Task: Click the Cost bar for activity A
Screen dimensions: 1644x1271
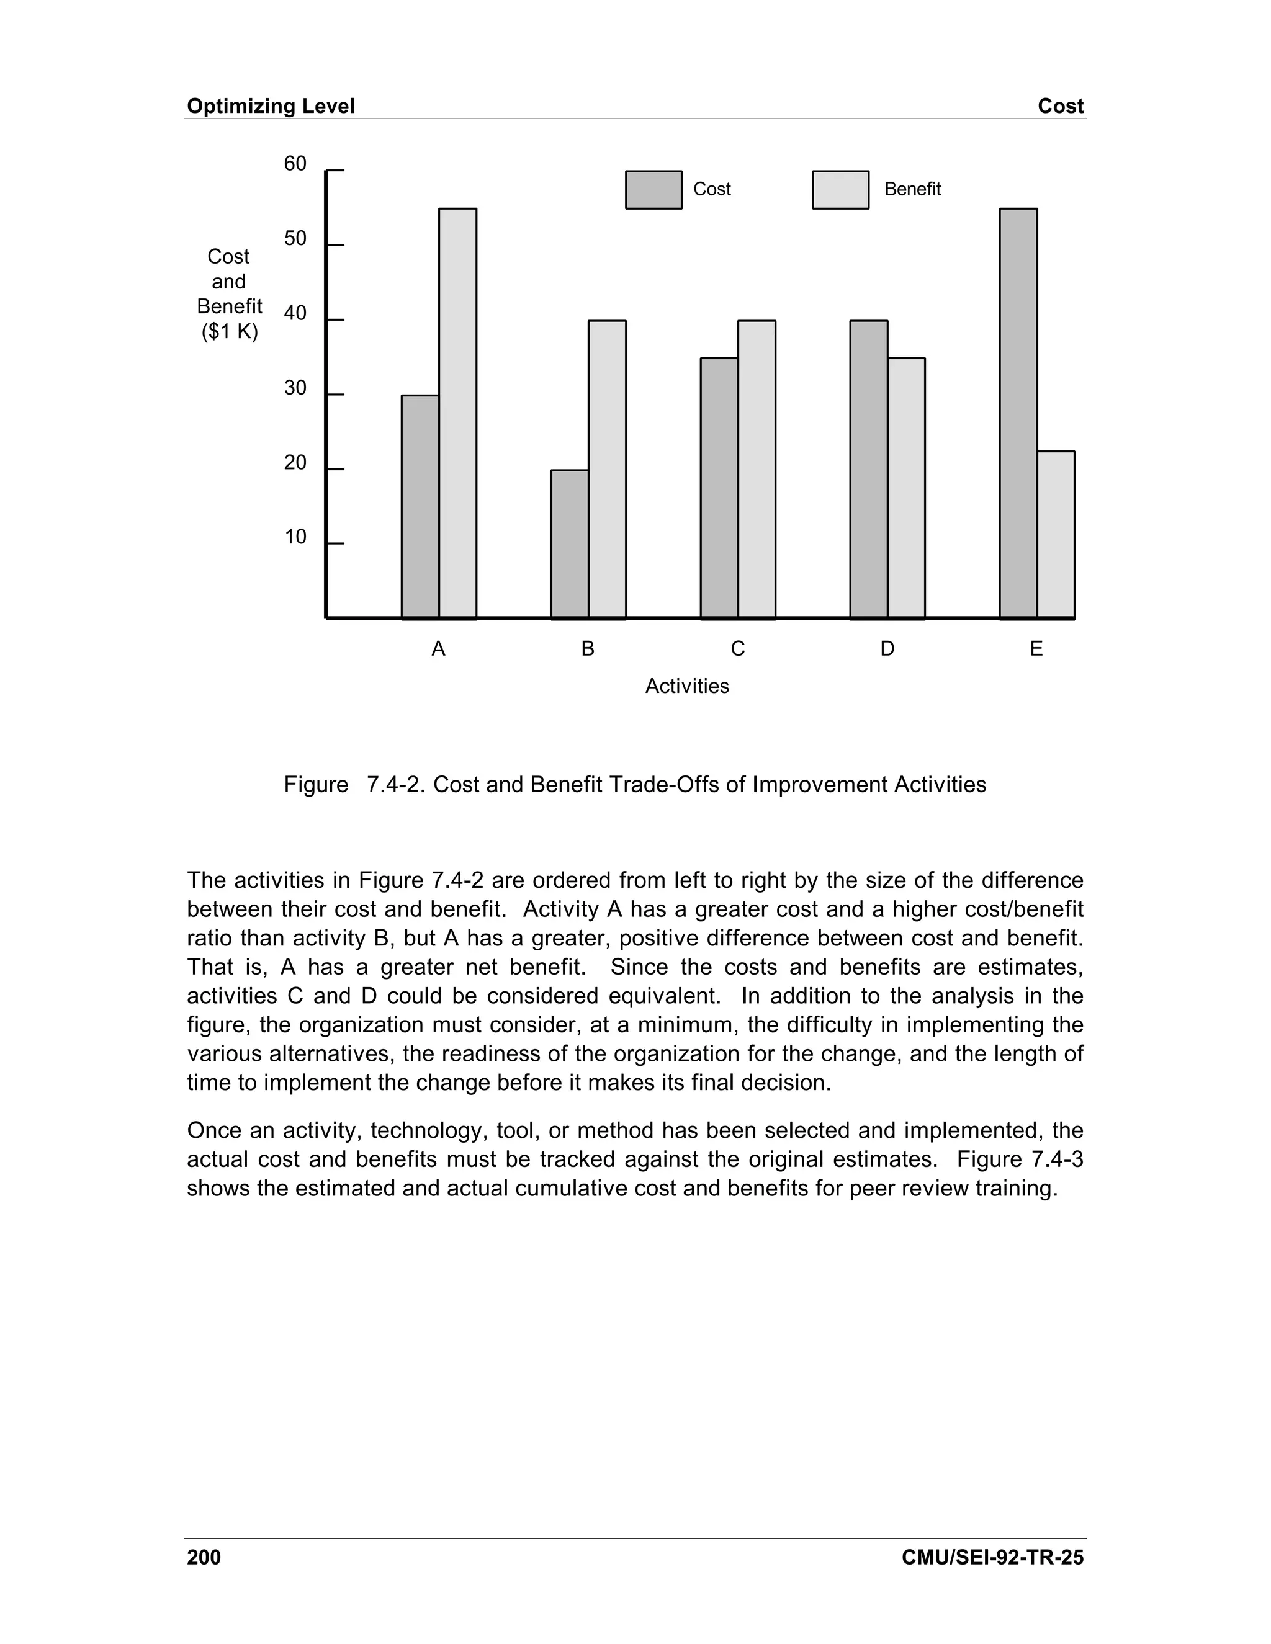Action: pos(420,507)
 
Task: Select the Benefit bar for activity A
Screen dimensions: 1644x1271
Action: pos(458,413)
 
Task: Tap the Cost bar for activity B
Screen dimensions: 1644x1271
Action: pos(570,544)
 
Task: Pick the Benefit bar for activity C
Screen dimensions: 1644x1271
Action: pos(757,470)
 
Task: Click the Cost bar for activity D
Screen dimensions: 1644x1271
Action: pos(869,470)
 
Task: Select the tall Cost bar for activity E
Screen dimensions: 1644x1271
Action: pos(1018,413)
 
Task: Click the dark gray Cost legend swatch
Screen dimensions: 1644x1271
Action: pos(653,190)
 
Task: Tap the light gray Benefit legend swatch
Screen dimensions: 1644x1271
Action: pos(840,190)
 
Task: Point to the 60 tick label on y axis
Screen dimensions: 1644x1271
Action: pos(295,164)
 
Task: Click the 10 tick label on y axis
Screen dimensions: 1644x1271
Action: pos(295,537)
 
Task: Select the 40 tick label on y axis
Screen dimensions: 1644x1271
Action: pos(295,313)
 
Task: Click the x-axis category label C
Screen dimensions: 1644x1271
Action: pos(738,649)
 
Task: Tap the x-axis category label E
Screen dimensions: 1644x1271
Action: pos(1036,649)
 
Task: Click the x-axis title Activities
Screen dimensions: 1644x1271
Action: pos(687,687)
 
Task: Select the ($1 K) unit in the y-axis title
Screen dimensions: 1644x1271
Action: pos(230,331)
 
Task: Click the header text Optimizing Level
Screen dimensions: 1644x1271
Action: pos(271,106)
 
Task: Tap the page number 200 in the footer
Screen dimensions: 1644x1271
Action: pos(204,1557)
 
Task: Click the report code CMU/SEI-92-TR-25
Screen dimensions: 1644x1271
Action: pos(992,1557)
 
